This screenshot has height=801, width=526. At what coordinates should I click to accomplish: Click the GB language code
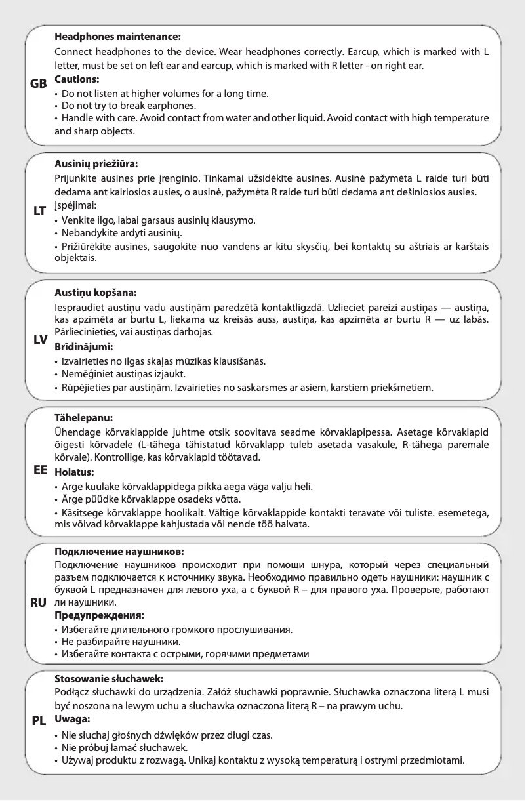click(39, 85)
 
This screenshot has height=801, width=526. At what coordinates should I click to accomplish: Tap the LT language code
click(38, 211)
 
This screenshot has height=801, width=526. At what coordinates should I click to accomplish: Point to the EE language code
click(39, 470)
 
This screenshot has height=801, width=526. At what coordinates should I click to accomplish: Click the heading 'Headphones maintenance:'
click(117, 38)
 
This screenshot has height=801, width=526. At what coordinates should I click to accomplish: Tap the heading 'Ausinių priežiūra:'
click(96, 164)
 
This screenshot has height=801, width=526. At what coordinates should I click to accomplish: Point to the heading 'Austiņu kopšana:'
click(96, 292)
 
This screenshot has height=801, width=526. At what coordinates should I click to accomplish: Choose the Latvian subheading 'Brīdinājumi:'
click(83, 346)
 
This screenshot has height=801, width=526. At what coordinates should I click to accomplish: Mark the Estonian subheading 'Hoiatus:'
click(74, 471)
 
